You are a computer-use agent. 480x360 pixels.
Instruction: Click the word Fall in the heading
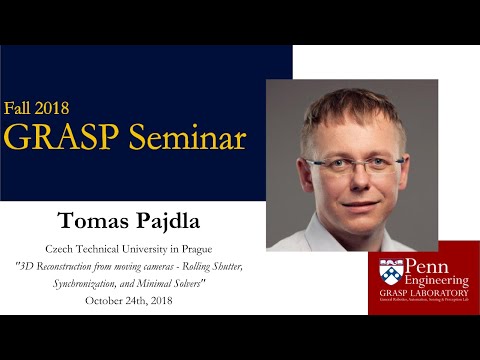click(x=21, y=107)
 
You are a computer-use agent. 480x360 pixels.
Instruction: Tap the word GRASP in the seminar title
click(x=62, y=137)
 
